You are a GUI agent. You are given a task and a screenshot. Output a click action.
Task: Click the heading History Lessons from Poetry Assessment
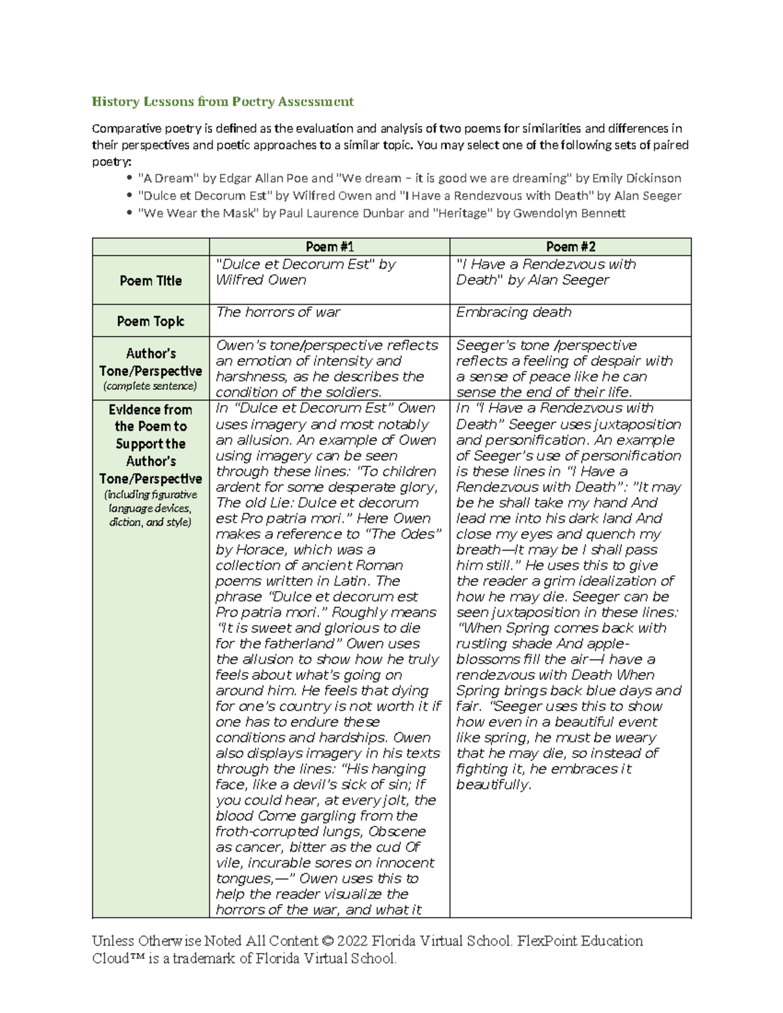coord(223,102)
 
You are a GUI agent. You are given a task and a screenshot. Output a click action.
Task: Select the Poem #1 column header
coord(330,247)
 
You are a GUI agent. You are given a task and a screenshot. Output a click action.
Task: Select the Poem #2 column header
coord(570,247)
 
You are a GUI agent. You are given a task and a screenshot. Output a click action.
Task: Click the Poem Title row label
coord(151,280)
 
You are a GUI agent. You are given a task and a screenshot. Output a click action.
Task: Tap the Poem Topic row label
coord(151,321)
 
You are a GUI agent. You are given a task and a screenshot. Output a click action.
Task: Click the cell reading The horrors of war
coord(278,312)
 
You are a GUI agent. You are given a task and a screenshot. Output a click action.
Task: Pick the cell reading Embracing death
coord(514,312)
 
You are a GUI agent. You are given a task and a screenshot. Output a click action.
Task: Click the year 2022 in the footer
coord(352,941)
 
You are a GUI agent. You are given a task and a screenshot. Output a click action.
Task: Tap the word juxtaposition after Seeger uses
coord(641,425)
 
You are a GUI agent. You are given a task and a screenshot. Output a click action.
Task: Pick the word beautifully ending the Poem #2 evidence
coord(493,785)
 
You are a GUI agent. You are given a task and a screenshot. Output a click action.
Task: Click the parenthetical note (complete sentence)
coord(151,386)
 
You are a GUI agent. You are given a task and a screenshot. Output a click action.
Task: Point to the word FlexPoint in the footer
coord(547,941)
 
